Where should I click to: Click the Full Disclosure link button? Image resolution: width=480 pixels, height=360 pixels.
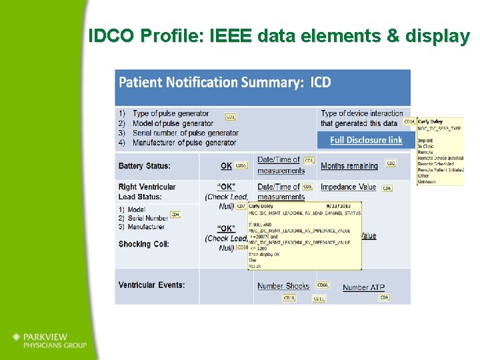click(x=366, y=140)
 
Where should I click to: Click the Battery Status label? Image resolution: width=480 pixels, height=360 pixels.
click(x=144, y=166)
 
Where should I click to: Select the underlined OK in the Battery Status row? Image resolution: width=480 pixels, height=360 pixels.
click(x=227, y=166)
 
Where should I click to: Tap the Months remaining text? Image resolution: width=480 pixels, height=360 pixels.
click(x=349, y=166)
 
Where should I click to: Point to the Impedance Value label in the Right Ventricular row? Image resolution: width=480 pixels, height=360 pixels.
click(x=348, y=187)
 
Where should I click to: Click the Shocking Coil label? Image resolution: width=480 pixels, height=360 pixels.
click(x=143, y=244)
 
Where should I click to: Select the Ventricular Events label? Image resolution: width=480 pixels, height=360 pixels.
click(x=151, y=285)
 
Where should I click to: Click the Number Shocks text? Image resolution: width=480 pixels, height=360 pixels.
click(x=283, y=286)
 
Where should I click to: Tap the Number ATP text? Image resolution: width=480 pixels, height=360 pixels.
click(x=363, y=287)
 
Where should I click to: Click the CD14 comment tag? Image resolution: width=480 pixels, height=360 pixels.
click(x=409, y=122)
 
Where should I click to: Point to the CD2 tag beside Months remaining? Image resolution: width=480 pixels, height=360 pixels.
click(x=391, y=163)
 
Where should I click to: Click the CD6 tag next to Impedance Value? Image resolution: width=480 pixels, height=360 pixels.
click(x=387, y=189)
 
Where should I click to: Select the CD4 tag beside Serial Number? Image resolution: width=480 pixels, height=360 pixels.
click(x=175, y=215)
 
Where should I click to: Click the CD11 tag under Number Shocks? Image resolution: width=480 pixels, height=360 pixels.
click(x=319, y=299)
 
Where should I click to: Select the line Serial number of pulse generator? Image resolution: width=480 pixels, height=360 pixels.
click(x=185, y=133)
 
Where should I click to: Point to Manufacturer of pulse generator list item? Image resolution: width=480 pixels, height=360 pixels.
click(x=184, y=143)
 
